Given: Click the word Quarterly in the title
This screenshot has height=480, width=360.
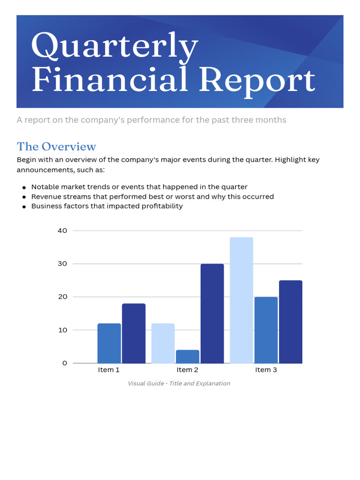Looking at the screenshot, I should (x=114, y=46).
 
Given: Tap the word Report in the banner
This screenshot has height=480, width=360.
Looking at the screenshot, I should (x=256, y=80).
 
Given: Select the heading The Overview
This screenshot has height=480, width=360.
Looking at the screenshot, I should (x=56, y=146).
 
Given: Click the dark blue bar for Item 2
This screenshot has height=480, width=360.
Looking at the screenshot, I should (x=212, y=313).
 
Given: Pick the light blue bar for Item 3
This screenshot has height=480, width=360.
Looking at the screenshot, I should (x=241, y=300).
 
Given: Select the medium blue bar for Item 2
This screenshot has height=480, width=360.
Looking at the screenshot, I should (x=187, y=356).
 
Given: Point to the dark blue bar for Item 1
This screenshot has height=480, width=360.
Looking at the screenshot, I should (x=134, y=333).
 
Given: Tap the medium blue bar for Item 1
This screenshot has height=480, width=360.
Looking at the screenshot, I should (x=109, y=343).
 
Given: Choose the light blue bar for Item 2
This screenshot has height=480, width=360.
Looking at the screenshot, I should (x=163, y=343).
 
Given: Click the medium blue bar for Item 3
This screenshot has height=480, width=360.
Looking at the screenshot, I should (x=266, y=330).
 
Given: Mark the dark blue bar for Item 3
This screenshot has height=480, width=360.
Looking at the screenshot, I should (x=291, y=322).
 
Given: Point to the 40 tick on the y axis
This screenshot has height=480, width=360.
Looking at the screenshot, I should (x=62, y=231).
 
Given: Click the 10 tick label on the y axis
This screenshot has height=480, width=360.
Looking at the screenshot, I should (x=62, y=330).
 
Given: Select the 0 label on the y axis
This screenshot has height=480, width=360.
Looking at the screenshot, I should (x=65, y=363).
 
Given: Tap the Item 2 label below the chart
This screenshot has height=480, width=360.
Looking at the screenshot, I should (x=187, y=370).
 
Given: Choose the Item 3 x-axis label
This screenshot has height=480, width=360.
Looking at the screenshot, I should (x=266, y=370).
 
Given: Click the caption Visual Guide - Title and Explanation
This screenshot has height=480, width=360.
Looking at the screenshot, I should (x=179, y=383).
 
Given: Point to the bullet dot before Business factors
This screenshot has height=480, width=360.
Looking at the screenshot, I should (x=24, y=206).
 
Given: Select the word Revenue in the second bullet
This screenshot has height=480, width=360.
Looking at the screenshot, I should (x=45, y=196).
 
